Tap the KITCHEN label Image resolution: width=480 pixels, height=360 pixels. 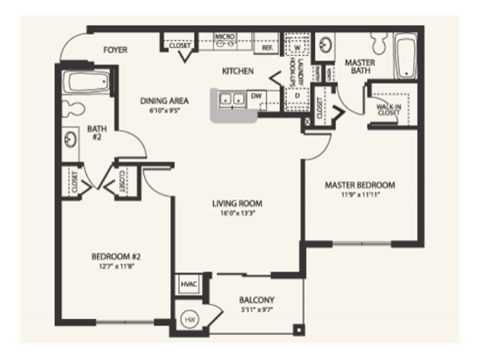tap(237, 71)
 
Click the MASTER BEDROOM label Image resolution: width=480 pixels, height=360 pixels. tap(361, 185)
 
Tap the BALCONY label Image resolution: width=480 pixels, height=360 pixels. tap(257, 300)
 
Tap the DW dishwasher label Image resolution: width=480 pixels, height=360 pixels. tap(256, 96)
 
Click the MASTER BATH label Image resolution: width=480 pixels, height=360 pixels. tap(359, 67)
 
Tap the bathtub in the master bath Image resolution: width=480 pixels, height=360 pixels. tap(404, 58)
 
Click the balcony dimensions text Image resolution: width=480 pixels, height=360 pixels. tap(257, 312)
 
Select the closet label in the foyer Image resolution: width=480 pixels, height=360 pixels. tap(181, 46)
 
